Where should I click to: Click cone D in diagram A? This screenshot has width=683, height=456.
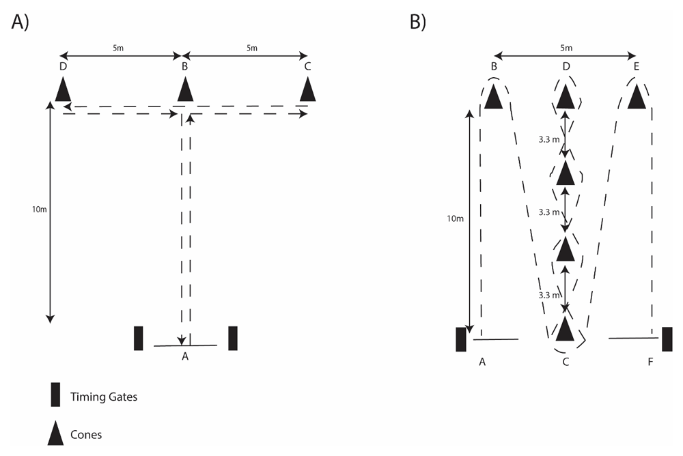tap(63, 89)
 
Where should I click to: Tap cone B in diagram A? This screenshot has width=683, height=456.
tap(184, 89)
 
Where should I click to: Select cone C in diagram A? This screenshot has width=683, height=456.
tap(309, 89)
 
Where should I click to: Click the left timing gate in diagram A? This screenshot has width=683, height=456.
tap(139, 338)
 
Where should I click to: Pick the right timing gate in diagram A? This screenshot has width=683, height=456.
tap(233, 338)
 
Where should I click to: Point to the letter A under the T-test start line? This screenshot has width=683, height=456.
tap(184, 356)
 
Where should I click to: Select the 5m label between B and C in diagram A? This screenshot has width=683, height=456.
tap(252, 48)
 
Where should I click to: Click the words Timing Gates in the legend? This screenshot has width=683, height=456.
tap(103, 397)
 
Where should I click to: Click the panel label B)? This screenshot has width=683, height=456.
tap(417, 22)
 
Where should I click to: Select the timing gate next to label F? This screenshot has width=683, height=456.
tap(667, 339)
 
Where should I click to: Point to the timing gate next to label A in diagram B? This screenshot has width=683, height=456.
tap(461, 339)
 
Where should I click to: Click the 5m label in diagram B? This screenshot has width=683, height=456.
tap(566, 48)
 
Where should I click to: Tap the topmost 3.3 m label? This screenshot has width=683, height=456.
tap(550, 139)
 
